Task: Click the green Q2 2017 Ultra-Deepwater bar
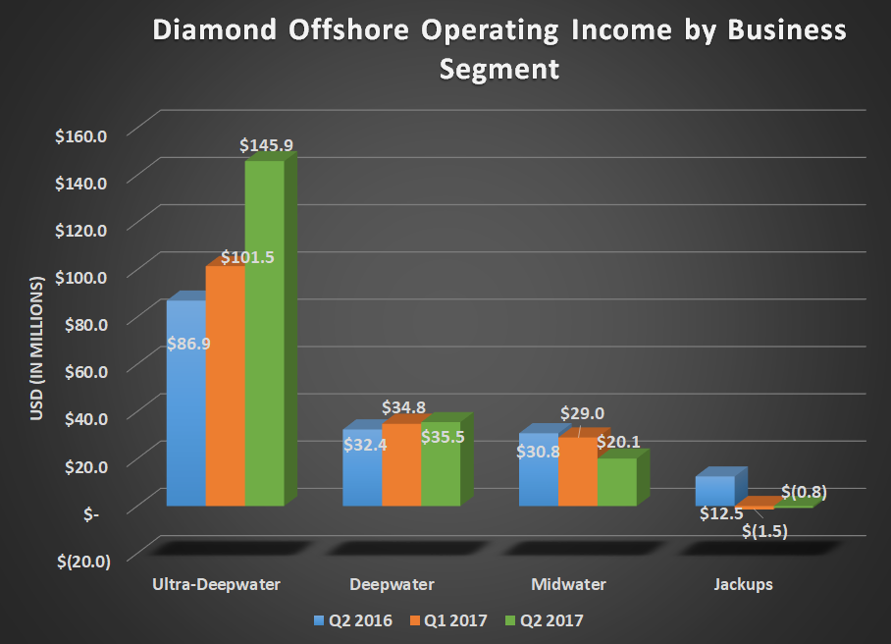coord(264,334)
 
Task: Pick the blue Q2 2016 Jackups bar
coord(715,490)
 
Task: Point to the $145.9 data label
coord(267,145)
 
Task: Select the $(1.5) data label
coord(765,531)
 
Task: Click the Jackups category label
coord(743,585)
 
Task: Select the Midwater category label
coord(568,585)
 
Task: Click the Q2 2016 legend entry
coord(353,619)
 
